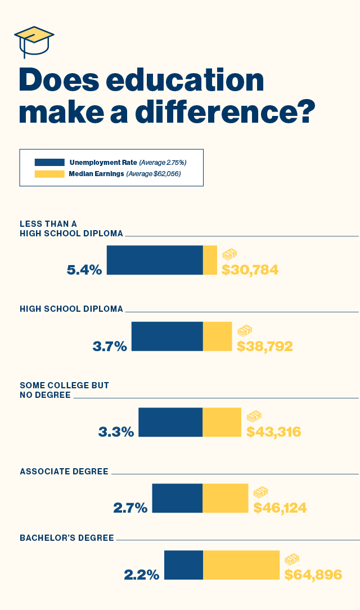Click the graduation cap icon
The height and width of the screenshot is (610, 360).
[34, 41]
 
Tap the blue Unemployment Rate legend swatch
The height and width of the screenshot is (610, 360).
[49, 162]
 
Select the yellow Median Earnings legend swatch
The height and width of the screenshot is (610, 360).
[49, 174]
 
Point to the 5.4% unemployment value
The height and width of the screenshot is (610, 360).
[84, 270]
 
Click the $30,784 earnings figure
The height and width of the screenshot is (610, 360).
[250, 270]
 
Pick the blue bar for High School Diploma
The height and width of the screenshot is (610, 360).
[166, 337]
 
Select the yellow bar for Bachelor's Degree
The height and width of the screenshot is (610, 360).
[241, 565]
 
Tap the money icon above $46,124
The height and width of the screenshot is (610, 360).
[260, 492]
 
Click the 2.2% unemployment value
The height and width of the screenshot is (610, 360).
[142, 575]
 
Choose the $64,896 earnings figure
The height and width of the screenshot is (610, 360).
[313, 575]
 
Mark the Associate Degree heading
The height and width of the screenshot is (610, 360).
[64, 472]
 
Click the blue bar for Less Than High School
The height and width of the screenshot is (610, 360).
[155, 260]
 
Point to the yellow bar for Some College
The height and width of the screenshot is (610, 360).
[222, 422]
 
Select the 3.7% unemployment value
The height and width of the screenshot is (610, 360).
[110, 346]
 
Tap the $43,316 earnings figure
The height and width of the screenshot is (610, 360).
[274, 432]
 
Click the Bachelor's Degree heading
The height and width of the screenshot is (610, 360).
[67, 537]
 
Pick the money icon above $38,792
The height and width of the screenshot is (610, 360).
[245, 331]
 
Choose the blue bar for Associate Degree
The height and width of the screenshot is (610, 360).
[177, 498]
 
